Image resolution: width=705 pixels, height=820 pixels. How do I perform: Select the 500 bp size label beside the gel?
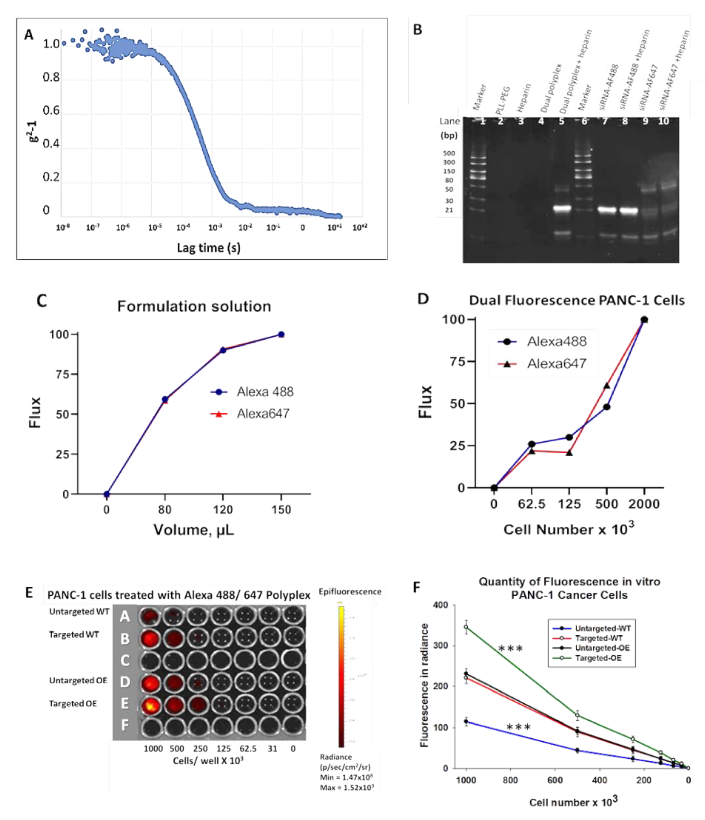coord(449,153)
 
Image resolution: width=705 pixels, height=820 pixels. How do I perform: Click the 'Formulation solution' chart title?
coord(194,306)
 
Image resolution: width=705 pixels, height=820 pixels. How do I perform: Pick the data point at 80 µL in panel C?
coord(165,399)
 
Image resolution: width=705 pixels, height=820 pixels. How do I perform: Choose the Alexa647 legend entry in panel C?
coord(263,413)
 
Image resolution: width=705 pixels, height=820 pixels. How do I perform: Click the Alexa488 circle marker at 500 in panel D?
coord(606,407)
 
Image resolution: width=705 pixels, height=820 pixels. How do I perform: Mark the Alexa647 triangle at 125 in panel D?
coord(569,453)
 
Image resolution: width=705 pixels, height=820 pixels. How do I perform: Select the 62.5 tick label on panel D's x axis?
coord(532,504)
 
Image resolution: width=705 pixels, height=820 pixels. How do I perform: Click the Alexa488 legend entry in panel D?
coord(556,341)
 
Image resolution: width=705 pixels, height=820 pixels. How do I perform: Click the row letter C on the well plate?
coord(125,660)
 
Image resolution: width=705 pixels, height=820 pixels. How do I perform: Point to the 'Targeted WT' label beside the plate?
coord(74,635)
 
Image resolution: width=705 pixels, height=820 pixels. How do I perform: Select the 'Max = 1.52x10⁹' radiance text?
coord(347,787)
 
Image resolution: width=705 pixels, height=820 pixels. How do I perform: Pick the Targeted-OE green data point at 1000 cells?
coord(466,627)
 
